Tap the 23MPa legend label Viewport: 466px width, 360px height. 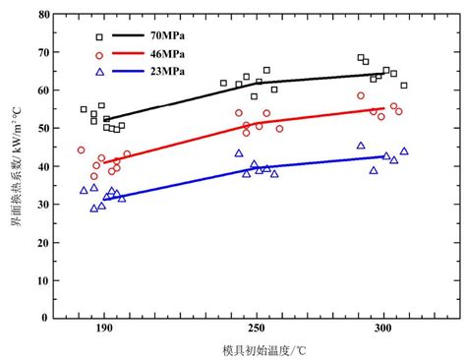tap(168, 73)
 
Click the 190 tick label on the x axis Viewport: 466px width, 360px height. tap(105, 330)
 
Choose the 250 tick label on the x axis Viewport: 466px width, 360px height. tap(255, 330)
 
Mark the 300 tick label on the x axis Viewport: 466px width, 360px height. tap(379, 330)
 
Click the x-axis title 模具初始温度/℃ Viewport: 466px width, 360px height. tap(250, 350)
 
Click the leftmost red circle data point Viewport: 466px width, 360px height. tap(82, 150)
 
